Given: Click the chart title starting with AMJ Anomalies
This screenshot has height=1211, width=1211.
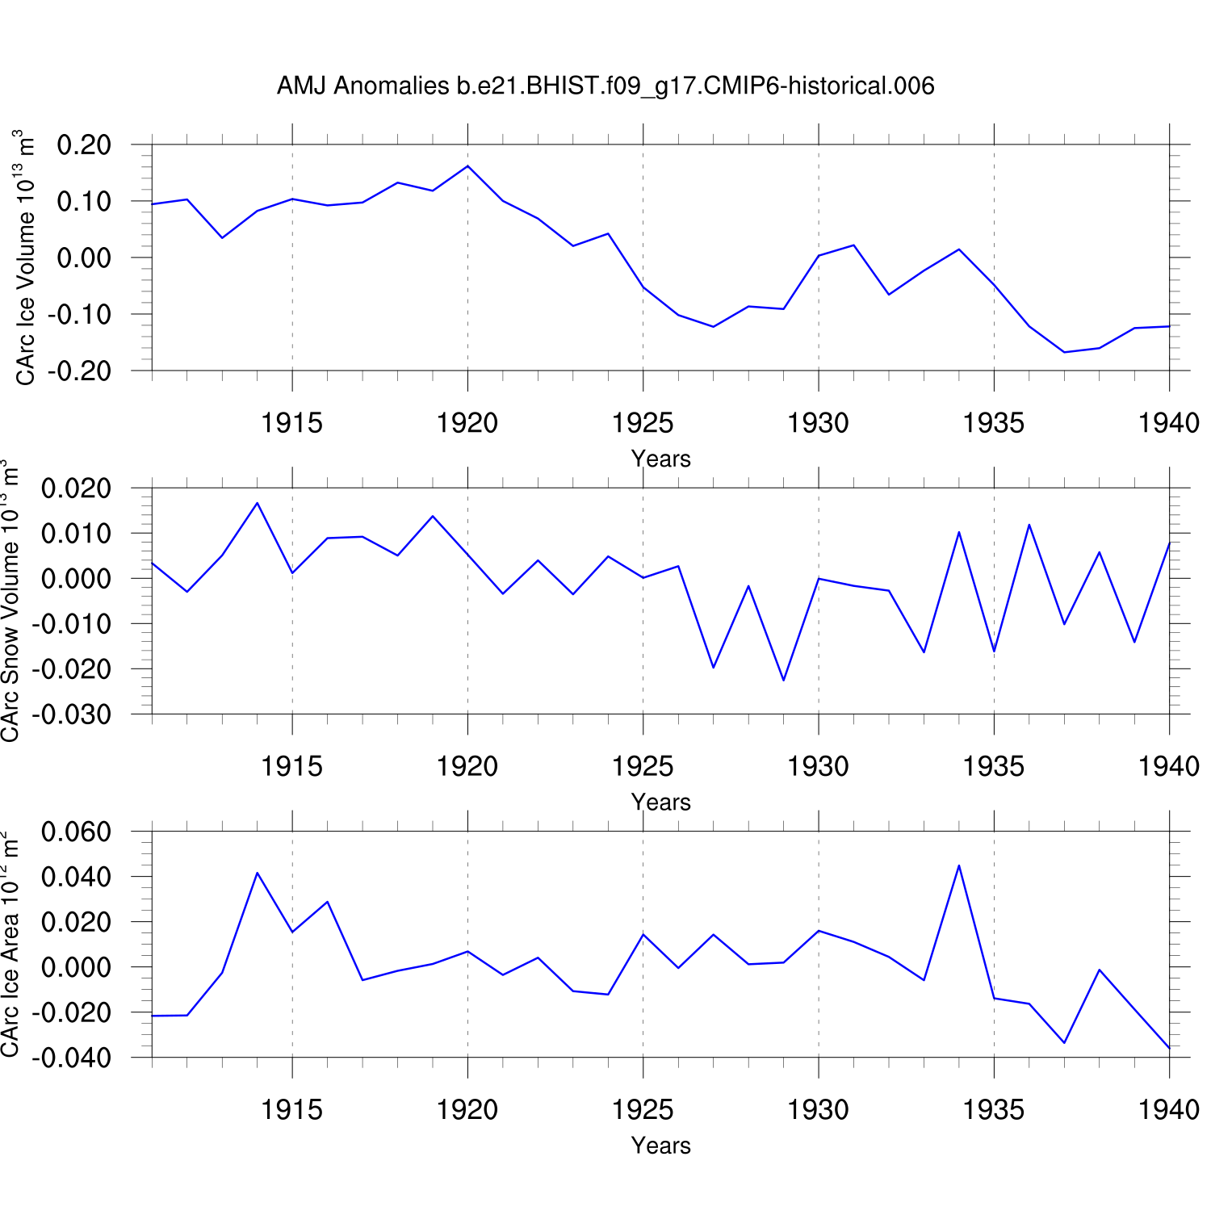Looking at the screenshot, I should tap(605, 86).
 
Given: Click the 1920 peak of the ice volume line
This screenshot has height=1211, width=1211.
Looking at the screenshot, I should tap(468, 166).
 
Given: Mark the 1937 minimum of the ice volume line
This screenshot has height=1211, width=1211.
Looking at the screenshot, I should tap(1064, 352).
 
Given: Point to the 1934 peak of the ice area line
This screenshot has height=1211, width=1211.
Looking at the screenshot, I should tap(958, 865).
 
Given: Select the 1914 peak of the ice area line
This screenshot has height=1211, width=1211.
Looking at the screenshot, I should tap(257, 873).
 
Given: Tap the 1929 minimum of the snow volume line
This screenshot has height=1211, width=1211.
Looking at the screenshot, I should tap(783, 680).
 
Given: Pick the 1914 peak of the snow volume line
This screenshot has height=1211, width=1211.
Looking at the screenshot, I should tap(257, 503).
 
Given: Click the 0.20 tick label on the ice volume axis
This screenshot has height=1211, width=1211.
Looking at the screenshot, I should tap(84, 145).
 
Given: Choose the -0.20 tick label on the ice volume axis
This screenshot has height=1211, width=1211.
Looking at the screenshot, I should tap(79, 371).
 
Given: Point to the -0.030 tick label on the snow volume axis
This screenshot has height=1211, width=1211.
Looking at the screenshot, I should tap(71, 714).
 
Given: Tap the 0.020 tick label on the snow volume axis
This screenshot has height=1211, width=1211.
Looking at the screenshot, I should tap(76, 488).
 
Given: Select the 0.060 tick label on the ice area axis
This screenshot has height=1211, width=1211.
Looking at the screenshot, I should tap(76, 832).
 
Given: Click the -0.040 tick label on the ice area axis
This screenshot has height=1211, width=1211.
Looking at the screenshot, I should tap(71, 1058).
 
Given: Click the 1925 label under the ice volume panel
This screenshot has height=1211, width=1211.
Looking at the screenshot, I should tap(643, 422).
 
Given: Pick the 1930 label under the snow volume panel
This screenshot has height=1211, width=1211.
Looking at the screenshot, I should tap(818, 766).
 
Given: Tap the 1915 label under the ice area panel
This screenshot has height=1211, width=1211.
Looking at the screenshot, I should tap(291, 1109).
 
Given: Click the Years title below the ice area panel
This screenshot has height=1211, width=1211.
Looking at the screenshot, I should tap(660, 1146).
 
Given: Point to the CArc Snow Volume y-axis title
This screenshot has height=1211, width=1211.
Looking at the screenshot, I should tap(10, 601).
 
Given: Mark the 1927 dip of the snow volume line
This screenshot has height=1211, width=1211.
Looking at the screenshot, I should tap(713, 667).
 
